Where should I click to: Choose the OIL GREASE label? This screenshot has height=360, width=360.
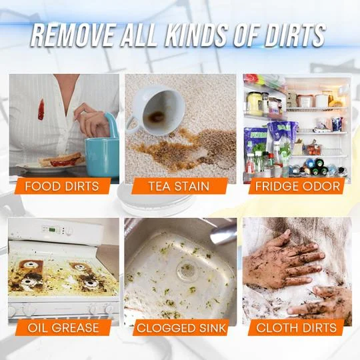[64, 327]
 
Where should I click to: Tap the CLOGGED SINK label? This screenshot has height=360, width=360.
[181, 327]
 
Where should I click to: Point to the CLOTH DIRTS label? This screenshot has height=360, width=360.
[296, 327]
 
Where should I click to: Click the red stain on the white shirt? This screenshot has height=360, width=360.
[41, 109]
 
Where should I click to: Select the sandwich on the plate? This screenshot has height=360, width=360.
[61, 160]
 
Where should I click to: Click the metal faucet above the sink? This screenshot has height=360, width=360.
[223, 233]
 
